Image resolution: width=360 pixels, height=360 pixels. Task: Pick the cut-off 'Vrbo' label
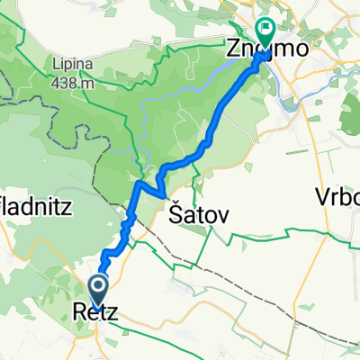pyautogui.click(x=338, y=196)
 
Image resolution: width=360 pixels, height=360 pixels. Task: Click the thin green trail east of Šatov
pyautogui.click(x=270, y=241)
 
